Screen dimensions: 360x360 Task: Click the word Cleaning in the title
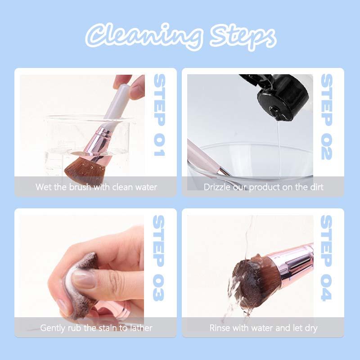(144, 36)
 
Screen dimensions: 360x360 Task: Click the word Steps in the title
(243, 37)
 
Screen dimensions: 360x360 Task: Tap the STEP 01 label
(159, 115)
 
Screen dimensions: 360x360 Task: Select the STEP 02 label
(327, 117)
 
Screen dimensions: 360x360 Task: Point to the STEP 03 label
(158, 257)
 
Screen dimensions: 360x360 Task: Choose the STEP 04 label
(327, 257)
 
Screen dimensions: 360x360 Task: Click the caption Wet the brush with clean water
(96, 187)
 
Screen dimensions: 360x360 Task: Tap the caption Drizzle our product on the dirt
(263, 187)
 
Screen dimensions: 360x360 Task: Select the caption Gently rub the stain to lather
(96, 328)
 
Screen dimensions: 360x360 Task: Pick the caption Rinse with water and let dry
(263, 328)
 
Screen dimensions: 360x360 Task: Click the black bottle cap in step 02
(283, 99)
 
